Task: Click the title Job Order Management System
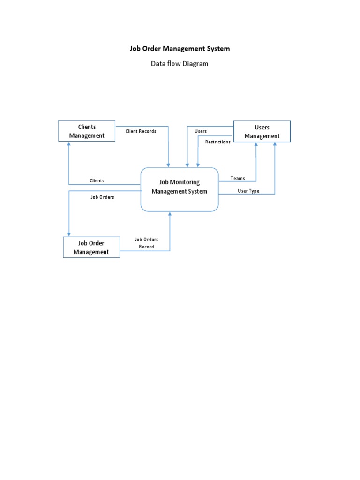[x=180, y=48]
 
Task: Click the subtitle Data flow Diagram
[x=180, y=64]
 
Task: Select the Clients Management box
[x=87, y=131]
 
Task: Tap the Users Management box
[x=262, y=132]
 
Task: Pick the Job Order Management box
[x=91, y=247]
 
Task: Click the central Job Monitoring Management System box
[x=180, y=189]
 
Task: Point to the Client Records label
[x=141, y=131]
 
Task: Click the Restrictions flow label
[x=218, y=142]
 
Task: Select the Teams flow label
[x=238, y=178]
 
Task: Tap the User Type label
[x=248, y=191]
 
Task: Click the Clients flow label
[x=97, y=181]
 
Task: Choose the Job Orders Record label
[x=146, y=243]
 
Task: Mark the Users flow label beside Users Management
[x=201, y=131]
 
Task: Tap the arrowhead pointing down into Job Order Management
[x=69, y=234]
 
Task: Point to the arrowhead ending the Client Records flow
[x=169, y=165]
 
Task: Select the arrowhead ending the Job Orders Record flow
[x=170, y=214]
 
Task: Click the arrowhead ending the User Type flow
[x=275, y=145]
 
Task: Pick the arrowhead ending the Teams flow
[x=256, y=145]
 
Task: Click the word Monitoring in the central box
[x=187, y=182]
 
